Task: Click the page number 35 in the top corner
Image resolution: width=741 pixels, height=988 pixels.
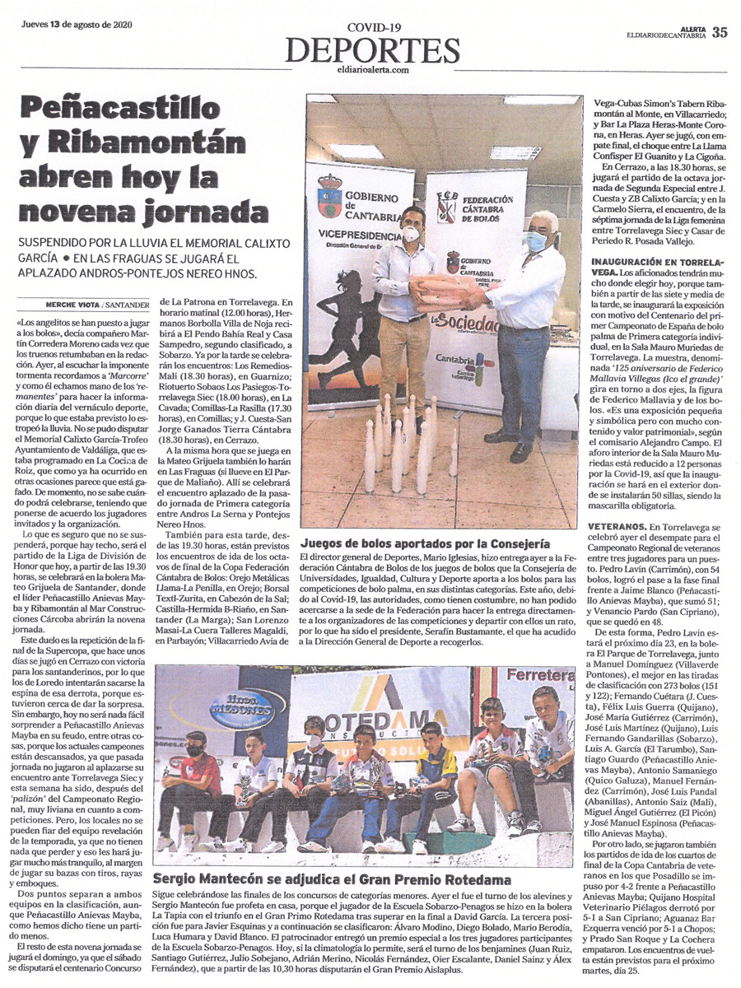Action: (720, 33)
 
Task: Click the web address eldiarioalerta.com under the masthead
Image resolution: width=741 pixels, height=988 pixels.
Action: (372, 71)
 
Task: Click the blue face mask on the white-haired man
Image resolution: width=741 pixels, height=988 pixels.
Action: (536, 241)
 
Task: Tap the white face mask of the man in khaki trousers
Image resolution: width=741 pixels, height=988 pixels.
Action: (412, 234)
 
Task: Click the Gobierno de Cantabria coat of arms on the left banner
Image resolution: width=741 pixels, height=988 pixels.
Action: (330, 195)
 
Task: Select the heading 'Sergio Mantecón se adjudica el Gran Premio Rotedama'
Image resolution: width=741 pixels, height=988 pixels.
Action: (332, 880)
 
